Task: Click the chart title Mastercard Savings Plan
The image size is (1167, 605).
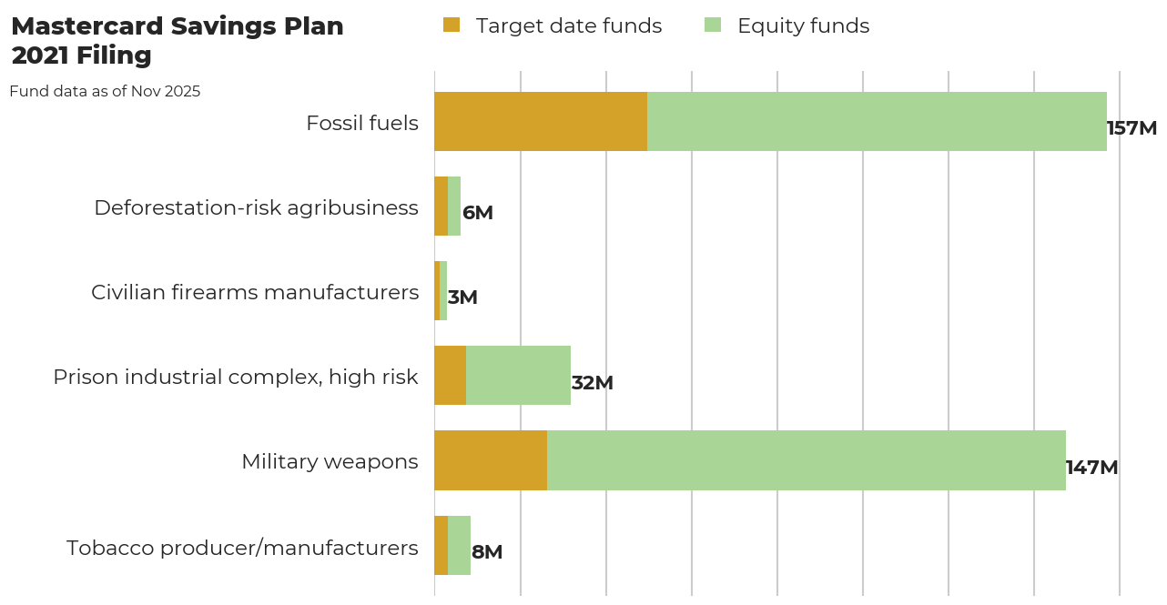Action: [177, 27]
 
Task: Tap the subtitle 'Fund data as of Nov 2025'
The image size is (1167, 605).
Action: [105, 92]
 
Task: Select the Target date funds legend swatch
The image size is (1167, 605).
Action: [452, 25]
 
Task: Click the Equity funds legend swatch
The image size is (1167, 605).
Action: [713, 25]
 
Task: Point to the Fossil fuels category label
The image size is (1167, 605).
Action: [362, 123]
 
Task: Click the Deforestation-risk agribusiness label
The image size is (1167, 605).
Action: [256, 207]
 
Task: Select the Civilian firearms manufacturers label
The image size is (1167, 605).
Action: [255, 292]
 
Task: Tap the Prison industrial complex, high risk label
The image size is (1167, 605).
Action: [236, 377]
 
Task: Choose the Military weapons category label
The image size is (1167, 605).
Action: [330, 461]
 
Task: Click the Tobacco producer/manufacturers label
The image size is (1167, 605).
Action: [242, 548]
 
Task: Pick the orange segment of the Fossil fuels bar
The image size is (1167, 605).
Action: [541, 121]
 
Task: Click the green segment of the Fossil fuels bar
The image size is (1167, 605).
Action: [877, 121]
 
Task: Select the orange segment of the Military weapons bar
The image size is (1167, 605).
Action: [491, 460]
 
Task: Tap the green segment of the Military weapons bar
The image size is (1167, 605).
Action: [806, 460]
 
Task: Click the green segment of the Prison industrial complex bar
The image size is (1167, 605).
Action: [518, 376]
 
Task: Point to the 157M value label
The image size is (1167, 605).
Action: [1131, 128]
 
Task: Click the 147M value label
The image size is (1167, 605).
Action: [1091, 468]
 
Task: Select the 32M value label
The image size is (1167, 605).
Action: [593, 383]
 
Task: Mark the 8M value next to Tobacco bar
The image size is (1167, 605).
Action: [487, 552]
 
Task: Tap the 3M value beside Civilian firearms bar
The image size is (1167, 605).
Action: [462, 297]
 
